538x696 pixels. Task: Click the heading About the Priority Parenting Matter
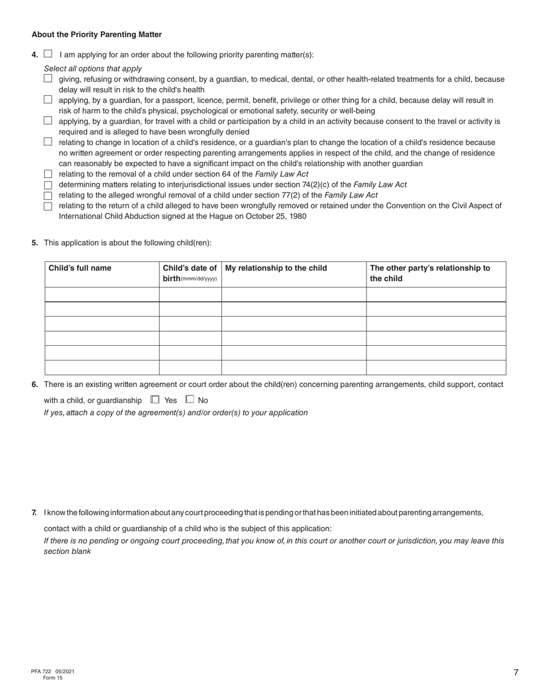[97, 35]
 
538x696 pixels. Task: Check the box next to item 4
[48, 54]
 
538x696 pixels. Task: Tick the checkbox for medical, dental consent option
[48, 79]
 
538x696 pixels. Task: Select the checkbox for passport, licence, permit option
[48, 100]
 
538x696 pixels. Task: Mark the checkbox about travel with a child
[48, 121]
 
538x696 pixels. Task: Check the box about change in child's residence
[48, 141]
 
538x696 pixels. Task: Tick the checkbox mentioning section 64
[48, 174]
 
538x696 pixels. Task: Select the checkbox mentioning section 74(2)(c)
[48, 185]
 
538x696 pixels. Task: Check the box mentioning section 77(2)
[48, 195]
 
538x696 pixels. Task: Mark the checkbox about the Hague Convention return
[48, 206]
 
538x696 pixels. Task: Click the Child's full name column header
[80, 268]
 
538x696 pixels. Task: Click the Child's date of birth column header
[190, 273]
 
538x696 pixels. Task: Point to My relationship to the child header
[276, 268]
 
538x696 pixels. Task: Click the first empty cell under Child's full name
[102, 294]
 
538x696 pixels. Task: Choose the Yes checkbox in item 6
[155, 399]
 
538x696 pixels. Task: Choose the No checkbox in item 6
[190, 399]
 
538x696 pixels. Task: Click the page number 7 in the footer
[516, 673]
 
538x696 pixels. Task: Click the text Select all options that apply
[93, 68]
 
